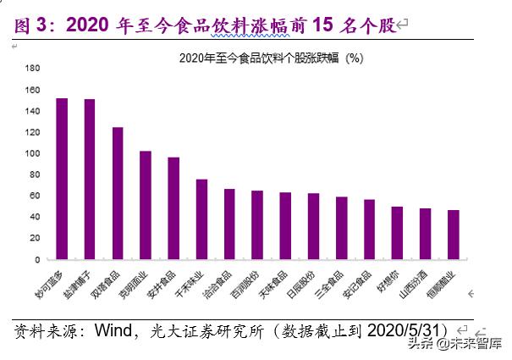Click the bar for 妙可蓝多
(x=62, y=179)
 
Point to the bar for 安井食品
(x=173, y=208)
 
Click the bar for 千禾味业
(x=201, y=219)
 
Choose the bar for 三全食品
(x=341, y=228)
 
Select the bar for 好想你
(x=397, y=233)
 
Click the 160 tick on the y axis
(x=33, y=90)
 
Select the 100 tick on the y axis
(x=33, y=154)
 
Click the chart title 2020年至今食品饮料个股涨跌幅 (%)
(x=271, y=58)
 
